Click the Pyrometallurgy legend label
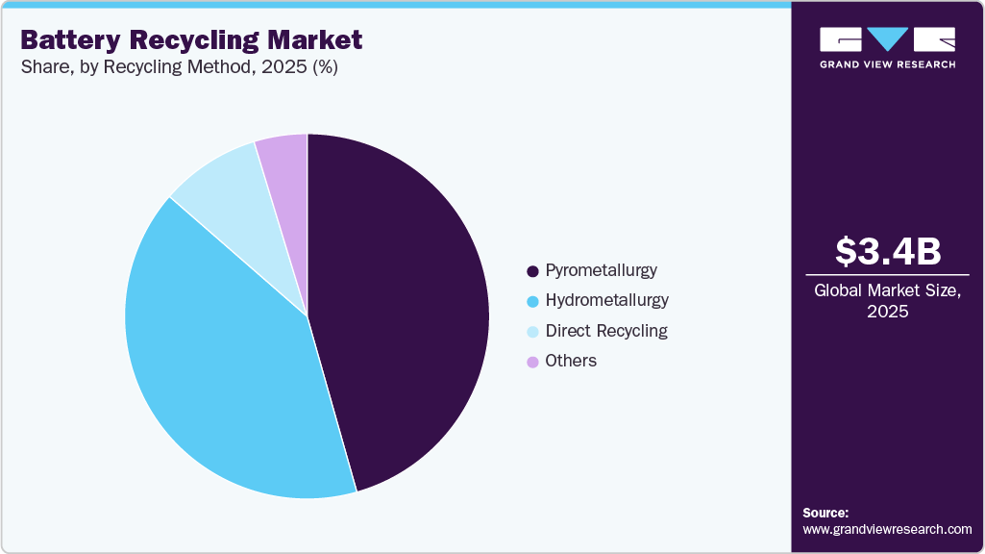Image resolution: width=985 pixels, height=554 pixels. coord(601,270)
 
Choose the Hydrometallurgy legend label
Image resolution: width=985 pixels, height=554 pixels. coord(606,300)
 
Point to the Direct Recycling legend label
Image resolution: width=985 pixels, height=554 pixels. coord(605,331)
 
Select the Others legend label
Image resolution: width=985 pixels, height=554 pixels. coord(571,361)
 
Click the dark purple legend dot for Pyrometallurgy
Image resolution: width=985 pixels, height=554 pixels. coord(531,271)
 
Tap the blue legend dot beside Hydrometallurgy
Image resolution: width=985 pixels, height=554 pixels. coord(531,301)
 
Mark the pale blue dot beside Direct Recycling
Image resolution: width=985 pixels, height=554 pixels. coord(531,332)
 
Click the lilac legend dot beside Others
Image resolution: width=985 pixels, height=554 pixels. coord(531,362)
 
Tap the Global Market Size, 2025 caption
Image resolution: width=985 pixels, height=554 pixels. coord(888,301)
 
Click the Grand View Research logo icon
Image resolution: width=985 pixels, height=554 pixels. coord(887,39)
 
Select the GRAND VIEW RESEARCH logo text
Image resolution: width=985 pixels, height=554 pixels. coord(887,64)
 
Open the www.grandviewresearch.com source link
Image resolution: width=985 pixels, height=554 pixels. coord(887,529)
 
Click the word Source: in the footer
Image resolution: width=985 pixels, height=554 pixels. coord(825,513)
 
